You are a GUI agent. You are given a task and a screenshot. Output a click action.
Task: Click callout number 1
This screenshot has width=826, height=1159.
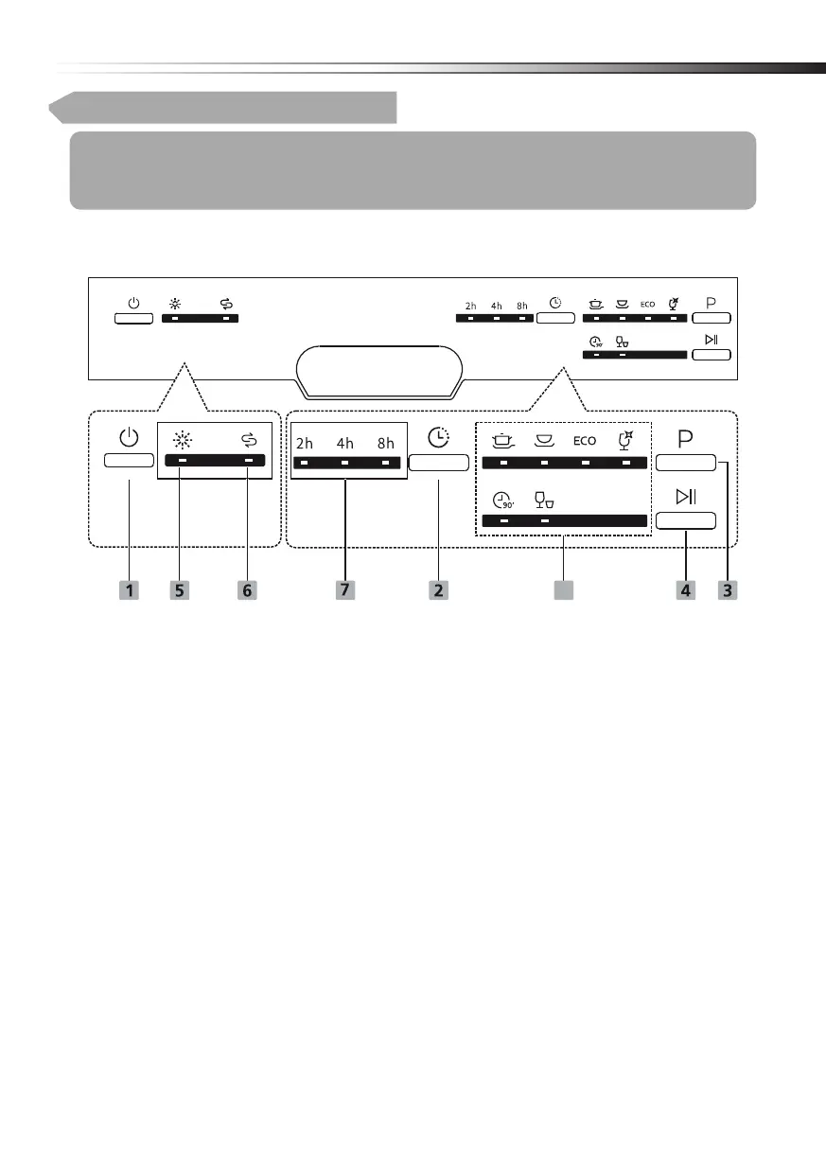(x=129, y=589)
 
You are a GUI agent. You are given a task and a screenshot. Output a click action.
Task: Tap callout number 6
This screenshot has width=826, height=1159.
(x=247, y=589)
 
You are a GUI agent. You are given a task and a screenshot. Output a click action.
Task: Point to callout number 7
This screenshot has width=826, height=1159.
(x=345, y=589)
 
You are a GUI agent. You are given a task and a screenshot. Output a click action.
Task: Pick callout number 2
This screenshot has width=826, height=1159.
(x=438, y=589)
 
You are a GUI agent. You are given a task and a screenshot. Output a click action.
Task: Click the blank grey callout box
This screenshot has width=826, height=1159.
(x=565, y=589)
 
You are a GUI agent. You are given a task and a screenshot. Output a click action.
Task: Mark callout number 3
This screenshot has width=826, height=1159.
(x=727, y=589)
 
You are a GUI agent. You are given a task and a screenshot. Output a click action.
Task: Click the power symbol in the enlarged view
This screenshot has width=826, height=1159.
(x=129, y=439)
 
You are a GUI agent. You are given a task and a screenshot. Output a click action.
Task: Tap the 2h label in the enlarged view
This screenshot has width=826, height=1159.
(x=304, y=442)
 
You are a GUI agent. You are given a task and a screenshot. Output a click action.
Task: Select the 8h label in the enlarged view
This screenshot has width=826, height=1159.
(x=385, y=442)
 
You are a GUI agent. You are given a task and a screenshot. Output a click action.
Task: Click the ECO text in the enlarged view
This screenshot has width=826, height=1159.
(x=584, y=441)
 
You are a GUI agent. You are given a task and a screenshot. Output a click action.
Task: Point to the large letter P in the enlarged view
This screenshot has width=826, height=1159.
(x=685, y=439)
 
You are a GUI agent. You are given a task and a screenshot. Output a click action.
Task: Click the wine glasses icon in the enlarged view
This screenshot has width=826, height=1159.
(x=544, y=500)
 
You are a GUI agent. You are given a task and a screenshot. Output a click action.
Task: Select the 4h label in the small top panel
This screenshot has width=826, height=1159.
(x=497, y=306)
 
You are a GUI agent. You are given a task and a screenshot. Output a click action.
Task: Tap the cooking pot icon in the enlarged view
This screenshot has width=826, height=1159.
(x=503, y=440)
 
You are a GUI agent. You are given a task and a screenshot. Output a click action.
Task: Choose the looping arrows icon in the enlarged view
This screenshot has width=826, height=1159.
(x=248, y=440)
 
